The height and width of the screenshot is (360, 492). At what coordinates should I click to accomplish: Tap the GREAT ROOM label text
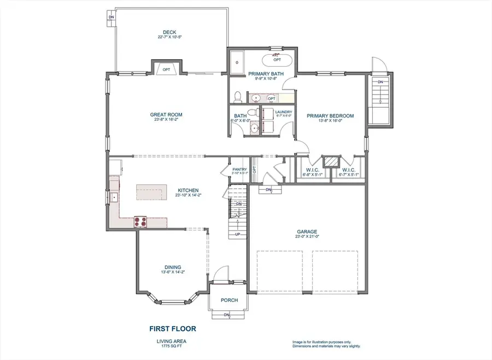(166, 115)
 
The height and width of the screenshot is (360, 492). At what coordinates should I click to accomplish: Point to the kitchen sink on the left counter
(115, 197)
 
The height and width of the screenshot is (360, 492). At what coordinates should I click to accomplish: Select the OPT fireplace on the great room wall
(166, 69)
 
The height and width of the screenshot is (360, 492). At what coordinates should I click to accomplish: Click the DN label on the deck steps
(112, 17)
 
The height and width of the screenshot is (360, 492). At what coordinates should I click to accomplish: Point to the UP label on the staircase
(237, 234)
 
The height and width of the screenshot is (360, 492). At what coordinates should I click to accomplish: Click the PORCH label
(229, 300)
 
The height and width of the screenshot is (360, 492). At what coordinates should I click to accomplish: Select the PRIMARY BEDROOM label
(330, 115)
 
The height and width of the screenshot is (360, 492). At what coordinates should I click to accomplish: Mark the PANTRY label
(239, 169)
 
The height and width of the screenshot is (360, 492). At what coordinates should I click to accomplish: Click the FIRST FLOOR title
(173, 329)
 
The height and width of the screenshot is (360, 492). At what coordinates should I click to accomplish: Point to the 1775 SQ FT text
(173, 346)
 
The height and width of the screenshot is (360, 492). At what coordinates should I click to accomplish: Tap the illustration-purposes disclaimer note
(326, 344)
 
